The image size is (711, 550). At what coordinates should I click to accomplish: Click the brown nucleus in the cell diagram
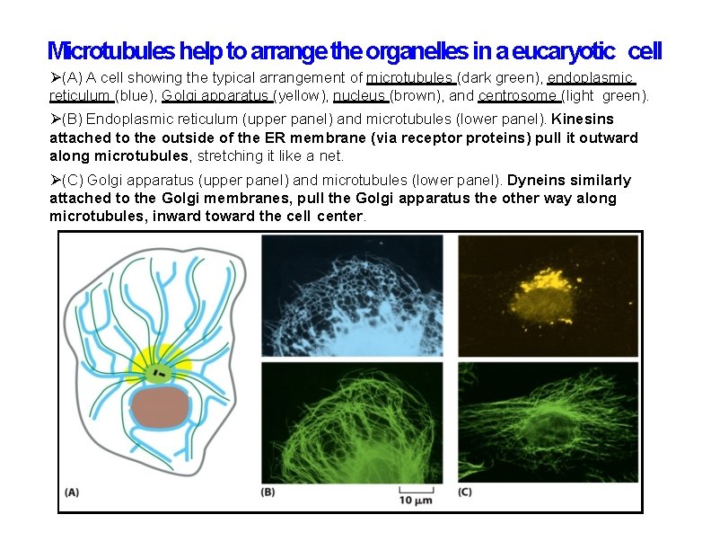[160, 407]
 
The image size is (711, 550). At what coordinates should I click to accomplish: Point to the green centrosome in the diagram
[160, 371]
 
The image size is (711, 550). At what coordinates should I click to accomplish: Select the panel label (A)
[72, 492]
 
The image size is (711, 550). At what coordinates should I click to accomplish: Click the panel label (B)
[268, 492]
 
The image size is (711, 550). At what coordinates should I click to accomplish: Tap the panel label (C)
[465, 492]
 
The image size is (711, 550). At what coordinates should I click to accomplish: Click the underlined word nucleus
[360, 96]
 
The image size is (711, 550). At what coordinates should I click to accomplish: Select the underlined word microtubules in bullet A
[411, 77]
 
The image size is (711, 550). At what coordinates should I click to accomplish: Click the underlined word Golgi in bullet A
[180, 96]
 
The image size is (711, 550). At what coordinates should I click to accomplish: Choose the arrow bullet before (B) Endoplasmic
[55, 119]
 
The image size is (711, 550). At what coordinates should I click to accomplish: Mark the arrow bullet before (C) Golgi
[55, 181]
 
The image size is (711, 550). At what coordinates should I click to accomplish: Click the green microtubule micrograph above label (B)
[351, 422]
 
